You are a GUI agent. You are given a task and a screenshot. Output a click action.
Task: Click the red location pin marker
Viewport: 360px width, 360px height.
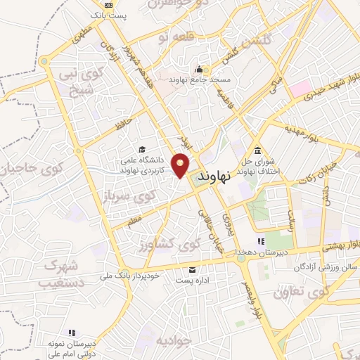(181, 166)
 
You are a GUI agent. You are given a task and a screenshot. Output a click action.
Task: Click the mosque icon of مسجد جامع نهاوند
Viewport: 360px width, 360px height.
(200, 69)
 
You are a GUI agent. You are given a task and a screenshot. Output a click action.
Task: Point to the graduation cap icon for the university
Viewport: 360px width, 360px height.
(143, 149)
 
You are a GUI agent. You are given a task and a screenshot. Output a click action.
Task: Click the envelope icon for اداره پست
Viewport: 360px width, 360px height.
(193, 270)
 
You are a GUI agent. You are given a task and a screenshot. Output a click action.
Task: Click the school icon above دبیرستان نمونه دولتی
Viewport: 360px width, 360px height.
(71, 333)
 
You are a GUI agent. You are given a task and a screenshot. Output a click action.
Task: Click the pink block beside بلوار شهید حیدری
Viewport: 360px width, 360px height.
(301, 89)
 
